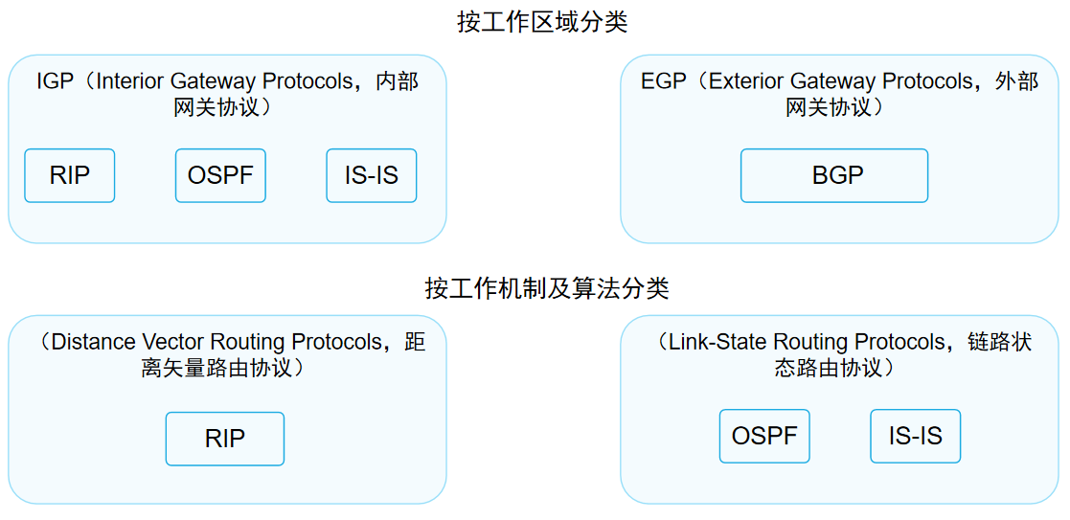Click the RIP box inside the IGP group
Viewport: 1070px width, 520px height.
69,175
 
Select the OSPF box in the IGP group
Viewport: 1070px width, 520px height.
220,175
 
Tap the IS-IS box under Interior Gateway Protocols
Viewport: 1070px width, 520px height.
372,175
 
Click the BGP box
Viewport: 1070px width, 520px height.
834,175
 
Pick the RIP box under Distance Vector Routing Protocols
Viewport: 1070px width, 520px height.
225,439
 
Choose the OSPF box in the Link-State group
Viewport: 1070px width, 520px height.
764,436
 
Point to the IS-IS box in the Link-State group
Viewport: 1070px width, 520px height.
916,436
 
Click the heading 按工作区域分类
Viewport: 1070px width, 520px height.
542,22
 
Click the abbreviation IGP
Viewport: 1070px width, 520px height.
55,81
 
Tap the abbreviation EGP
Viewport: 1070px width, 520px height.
664,81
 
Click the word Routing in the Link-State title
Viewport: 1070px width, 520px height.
810,342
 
